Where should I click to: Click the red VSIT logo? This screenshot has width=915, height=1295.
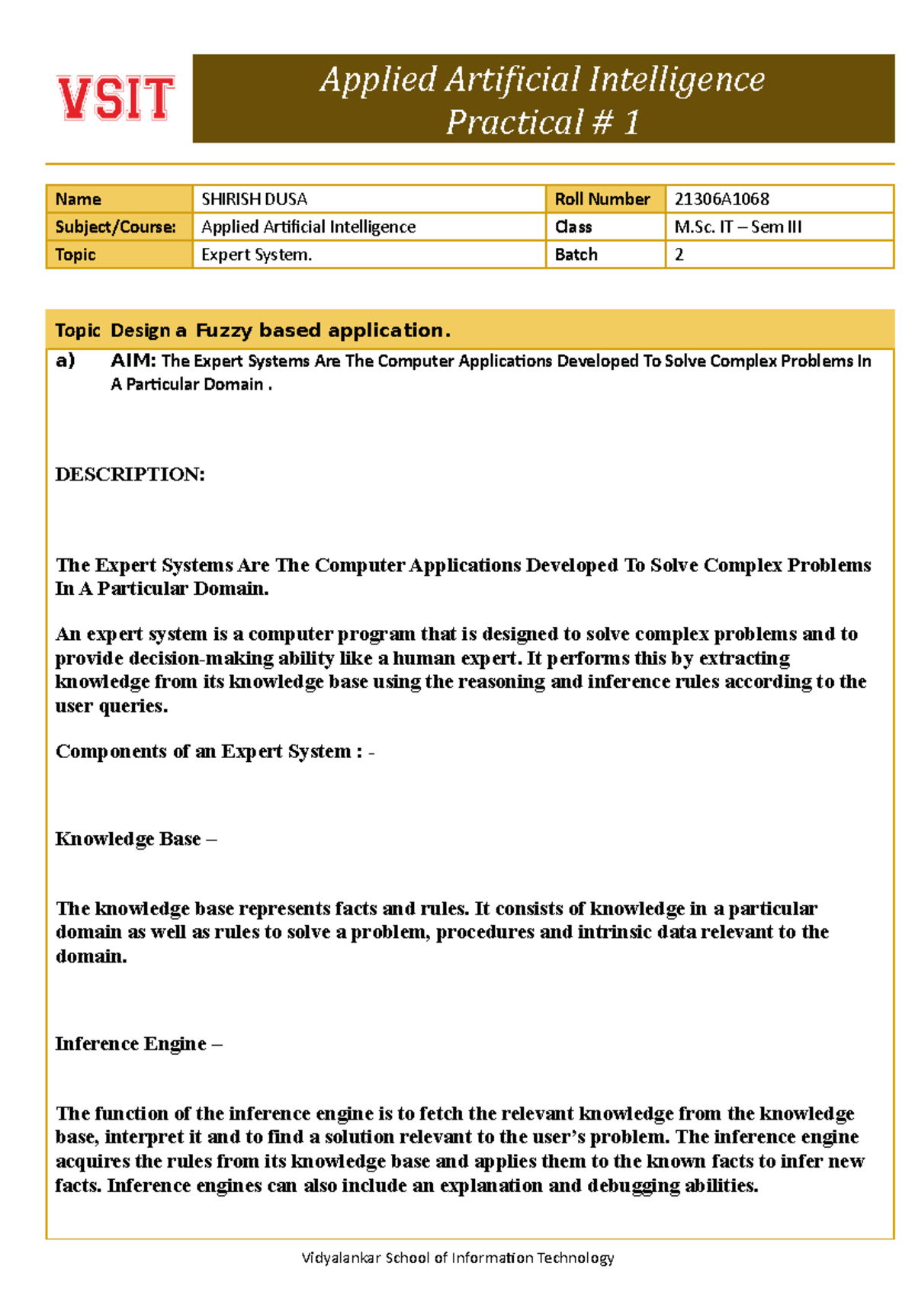click(x=116, y=98)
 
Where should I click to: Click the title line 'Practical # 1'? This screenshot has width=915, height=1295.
click(x=542, y=122)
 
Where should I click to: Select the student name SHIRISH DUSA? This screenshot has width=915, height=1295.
click(x=254, y=199)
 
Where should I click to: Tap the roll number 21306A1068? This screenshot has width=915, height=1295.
click(x=721, y=199)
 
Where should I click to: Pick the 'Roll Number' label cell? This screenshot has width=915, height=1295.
click(x=602, y=199)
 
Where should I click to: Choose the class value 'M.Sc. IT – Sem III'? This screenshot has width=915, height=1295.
click(x=737, y=227)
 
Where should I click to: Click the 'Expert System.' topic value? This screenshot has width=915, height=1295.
click(x=256, y=255)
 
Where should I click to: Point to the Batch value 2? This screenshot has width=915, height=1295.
click(x=679, y=255)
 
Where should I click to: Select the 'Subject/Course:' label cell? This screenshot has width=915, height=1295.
click(x=115, y=227)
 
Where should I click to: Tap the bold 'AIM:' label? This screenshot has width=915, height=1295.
click(x=133, y=361)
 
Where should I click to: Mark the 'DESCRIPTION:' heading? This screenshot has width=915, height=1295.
click(x=130, y=474)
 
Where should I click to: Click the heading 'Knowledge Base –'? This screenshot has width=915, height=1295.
click(x=136, y=839)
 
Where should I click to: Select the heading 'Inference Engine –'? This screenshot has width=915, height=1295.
click(x=138, y=1043)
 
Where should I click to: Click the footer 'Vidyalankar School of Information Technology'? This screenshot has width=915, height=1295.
click(x=457, y=1258)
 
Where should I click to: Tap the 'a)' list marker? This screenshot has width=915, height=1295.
click(x=65, y=361)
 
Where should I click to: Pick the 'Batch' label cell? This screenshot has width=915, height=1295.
click(x=576, y=255)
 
